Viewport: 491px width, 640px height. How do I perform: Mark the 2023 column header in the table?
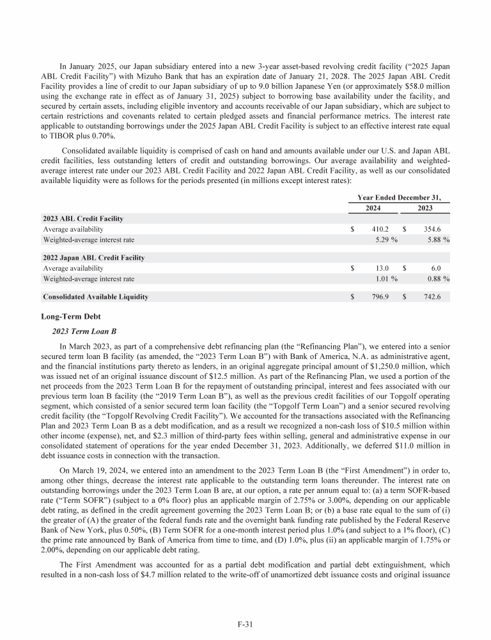pos(425,208)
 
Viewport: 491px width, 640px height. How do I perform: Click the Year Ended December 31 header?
pos(400,197)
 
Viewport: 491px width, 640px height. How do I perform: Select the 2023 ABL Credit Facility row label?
pos(82,219)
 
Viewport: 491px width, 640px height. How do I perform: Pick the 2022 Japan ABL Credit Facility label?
pos(93,258)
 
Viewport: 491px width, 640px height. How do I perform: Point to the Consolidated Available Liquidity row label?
pos(95,297)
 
